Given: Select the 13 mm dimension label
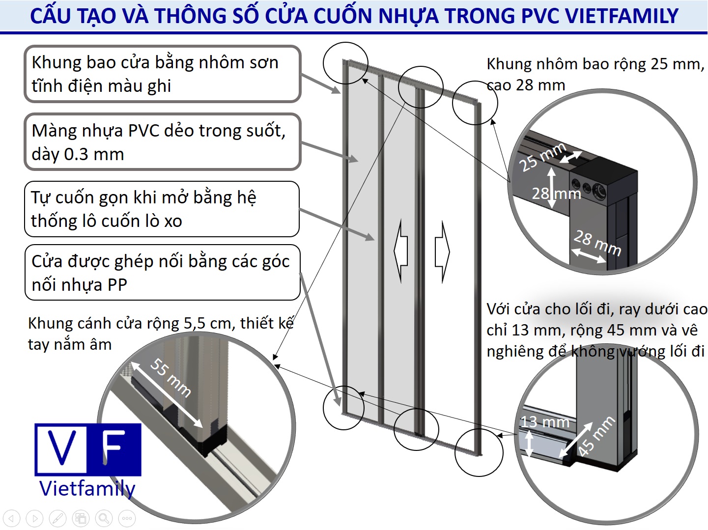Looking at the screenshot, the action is [545, 421].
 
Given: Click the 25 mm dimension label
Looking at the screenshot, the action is [542, 157].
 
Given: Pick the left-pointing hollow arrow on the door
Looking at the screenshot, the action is [401, 251].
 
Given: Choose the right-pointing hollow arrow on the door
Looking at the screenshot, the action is [442, 252].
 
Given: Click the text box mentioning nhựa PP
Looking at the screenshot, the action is [163, 273].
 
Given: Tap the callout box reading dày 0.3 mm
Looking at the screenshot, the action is [163, 142].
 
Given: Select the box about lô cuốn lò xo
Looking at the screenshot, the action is [162, 209].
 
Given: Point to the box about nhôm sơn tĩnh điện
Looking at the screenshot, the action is [163, 74].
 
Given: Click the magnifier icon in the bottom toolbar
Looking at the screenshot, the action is [104, 518].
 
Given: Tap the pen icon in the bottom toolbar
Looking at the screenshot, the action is [58, 518].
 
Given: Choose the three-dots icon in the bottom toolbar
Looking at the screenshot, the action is [127, 518].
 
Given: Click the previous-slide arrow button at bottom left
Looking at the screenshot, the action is [12, 518].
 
